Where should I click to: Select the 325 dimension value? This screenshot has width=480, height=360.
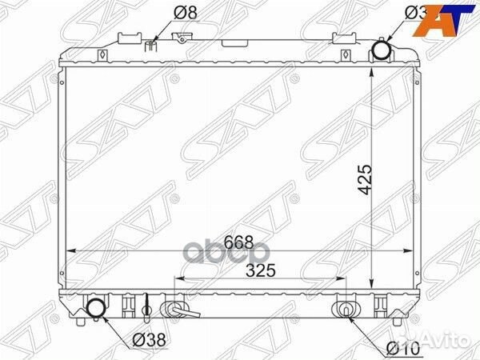pos(260,270)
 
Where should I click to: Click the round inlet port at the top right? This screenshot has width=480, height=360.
pos(382,53)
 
